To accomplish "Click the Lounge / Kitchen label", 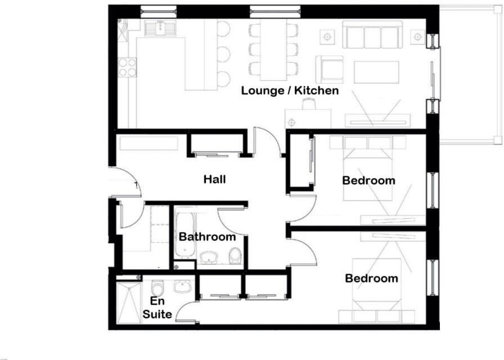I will pyautogui.click(x=290, y=90).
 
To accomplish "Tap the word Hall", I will pyautogui.click(x=215, y=179).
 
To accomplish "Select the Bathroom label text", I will pyautogui.click(x=207, y=237).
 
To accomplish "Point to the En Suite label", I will pyautogui.click(x=157, y=308).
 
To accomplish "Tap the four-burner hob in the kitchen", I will pyautogui.click(x=128, y=67).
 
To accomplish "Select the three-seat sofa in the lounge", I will pyautogui.click(x=372, y=36).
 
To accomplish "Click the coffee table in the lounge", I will pyautogui.click(x=376, y=71).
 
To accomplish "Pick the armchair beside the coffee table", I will pyautogui.click(x=329, y=69).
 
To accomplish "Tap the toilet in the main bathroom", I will pyautogui.click(x=235, y=256).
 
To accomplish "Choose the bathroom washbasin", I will pyautogui.click(x=209, y=257).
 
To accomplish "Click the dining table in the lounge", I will pyautogui.click(x=273, y=51).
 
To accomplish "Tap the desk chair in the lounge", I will pyautogui.click(x=308, y=104).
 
